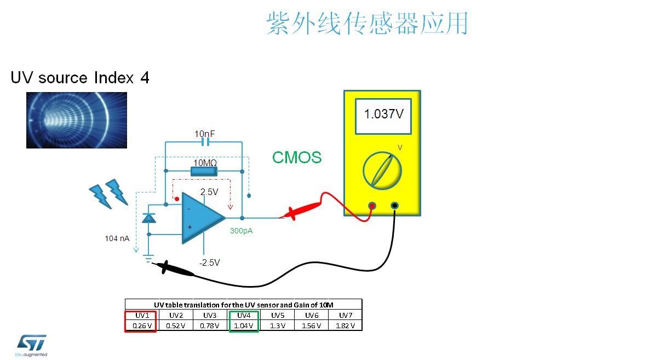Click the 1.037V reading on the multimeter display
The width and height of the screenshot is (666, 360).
click(x=384, y=114)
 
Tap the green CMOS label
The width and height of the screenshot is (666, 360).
click(x=297, y=157)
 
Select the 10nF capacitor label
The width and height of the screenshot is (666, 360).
click(x=204, y=134)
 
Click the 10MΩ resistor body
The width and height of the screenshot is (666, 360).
click(x=204, y=172)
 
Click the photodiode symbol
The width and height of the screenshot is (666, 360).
click(x=148, y=218)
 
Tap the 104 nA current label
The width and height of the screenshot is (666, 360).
click(x=117, y=238)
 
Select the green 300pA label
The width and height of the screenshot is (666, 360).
click(x=241, y=231)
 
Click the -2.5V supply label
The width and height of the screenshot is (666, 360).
click(x=209, y=262)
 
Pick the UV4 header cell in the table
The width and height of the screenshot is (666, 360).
click(x=244, y=315)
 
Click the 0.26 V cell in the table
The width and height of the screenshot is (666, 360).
click(x=142, y=325)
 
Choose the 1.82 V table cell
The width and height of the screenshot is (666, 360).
click(x=345, y=325)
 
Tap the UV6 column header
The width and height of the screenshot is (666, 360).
click(x=312, y=315)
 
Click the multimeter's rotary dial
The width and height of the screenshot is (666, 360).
click(x=382, y=171)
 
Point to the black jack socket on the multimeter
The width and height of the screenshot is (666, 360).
click(x=394, y=205)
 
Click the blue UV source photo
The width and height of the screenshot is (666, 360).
click(x=77, y=120)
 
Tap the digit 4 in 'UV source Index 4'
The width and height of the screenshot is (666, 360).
click(x=145, y=78)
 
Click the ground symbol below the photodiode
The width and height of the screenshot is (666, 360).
click(x=148, y=258)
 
